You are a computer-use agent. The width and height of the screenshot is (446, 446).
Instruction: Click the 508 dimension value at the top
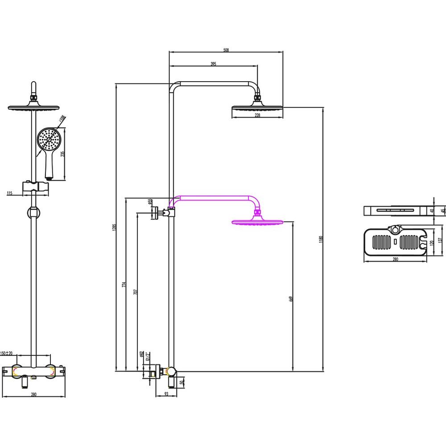click(226, 50)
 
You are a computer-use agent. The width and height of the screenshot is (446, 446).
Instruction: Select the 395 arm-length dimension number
click(213, 64)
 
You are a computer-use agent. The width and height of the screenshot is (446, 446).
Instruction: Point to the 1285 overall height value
click(114, 227)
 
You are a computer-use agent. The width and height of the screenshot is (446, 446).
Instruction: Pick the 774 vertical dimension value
click(124, 284)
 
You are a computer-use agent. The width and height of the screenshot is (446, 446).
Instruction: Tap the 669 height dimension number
click(291, 299)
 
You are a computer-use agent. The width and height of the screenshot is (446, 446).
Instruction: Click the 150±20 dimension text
click(7, 353)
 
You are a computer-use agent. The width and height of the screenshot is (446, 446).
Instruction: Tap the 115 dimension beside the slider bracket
click(10, 193)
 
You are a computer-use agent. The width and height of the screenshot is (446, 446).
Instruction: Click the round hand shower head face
click(48, 140)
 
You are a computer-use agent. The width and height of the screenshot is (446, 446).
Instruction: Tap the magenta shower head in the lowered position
click(257, 222)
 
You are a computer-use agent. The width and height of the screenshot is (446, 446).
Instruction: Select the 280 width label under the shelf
click(395, 258)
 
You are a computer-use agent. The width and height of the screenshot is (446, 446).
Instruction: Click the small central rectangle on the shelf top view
click(395, 243)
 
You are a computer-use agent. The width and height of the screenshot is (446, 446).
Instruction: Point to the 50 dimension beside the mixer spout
click(182, 382)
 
